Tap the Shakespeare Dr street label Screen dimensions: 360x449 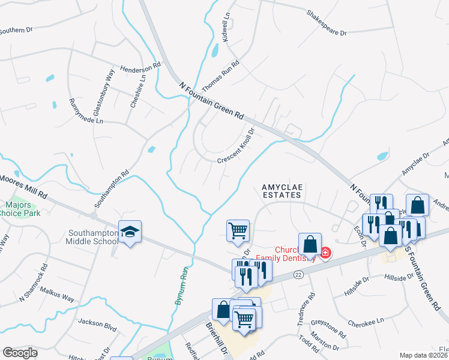tap(327, 22)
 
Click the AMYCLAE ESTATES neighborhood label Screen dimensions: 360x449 tap(286, 191)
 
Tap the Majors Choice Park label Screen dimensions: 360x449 tap(22, 209)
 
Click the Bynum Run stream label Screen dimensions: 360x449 tap(179, 286)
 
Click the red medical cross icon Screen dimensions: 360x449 tap(325, 254)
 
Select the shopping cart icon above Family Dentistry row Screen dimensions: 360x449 tap(238, 230)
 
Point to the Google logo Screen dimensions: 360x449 tap(20, 352)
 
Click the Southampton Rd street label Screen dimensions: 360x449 tap(119, 184)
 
